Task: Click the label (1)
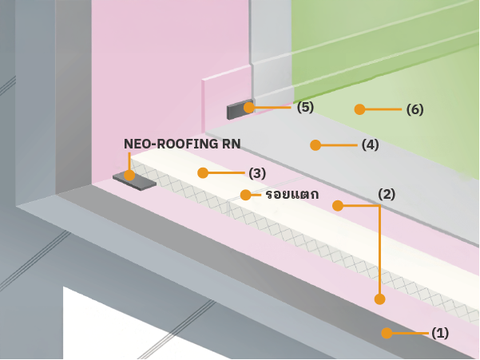(440, 333)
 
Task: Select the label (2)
(387, 193)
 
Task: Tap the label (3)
(257, 172)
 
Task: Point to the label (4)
(370, 144)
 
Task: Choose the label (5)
(305, 106)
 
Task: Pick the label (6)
(415, 109)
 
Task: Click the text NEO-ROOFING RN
(182, 144)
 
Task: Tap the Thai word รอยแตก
(292, 194)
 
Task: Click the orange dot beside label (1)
(387, 333)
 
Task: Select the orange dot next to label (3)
(203, 172)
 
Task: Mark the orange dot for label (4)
(315, 144)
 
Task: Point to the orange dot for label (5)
(249, 107)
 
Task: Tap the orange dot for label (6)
(359, 109)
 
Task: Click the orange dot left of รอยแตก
(246, 194)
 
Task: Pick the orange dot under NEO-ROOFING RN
(129, 175)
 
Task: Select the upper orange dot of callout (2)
(338, 205)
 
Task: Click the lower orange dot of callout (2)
(379, 299)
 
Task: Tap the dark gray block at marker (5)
(236, 111)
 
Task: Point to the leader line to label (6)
(383, 109)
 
